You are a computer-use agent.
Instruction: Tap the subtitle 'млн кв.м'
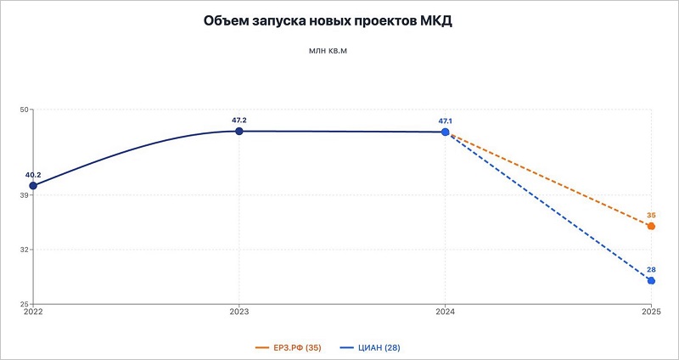pyautogui.click(x=329, y=52)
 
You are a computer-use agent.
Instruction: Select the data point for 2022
pyautogui.click(x=33, y=185)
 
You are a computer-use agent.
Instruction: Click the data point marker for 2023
pyautogui.click(x=239, y=131)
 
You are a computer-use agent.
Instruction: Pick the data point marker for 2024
pyautogui.click(x=446, y=132)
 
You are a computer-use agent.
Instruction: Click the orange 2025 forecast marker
pyautogui.click(x=651, y=226)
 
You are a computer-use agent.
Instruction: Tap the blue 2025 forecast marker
pyautogui.click(x=651, y=280)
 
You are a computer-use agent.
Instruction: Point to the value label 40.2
pyautogui.click(x=33, y=174)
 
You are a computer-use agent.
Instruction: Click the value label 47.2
pyautogui.click(x=239, y=120)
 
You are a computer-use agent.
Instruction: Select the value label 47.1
pyautogui.click(x=446, y=121)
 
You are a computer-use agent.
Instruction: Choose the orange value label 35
pyautogui.click(x=651, y=215)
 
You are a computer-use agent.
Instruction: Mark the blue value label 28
pyautogui.click(x=651, y=269)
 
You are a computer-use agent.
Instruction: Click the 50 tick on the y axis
pyautogui.click(x=25, y=110)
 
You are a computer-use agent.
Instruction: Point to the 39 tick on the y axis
pyautogui.click(x=25, y=195)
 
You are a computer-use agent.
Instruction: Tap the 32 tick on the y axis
pyautogui.click(x=25, y=250)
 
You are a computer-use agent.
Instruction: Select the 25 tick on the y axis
pyautogui.click(x=25, y=303)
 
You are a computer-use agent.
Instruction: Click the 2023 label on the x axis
pyautogui.click(x=239, y=312)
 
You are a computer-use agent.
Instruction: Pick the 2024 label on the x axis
pyautogui.click(x=445, y=312)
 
